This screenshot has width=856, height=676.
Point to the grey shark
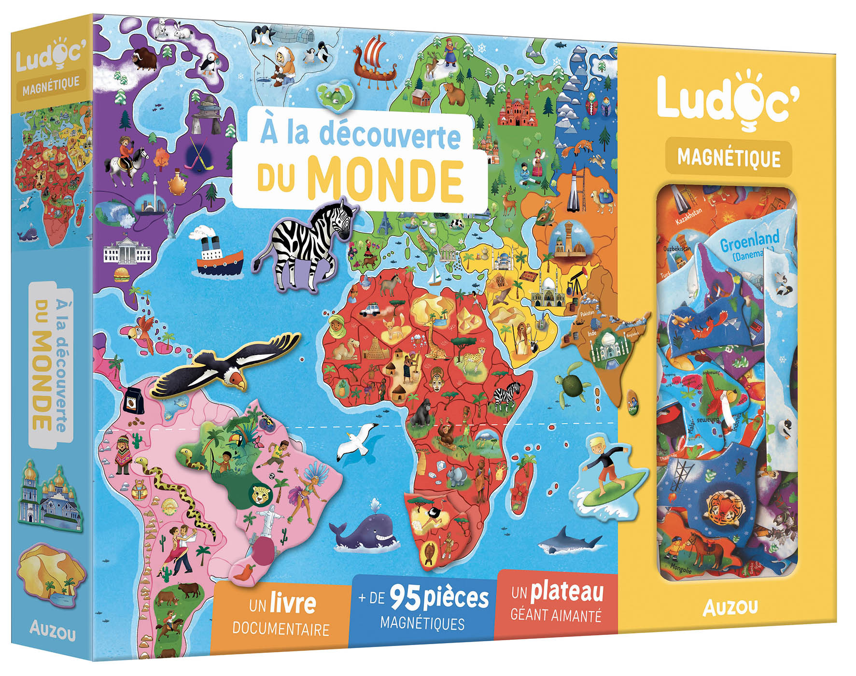coord(570,541)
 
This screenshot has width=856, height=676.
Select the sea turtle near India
coord(575,384)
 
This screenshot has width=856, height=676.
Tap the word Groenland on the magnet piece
coord(749,240)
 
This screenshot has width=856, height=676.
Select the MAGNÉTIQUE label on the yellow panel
coord(729,158)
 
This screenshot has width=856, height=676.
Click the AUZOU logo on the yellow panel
coord(730,607)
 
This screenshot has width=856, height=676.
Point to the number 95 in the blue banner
coord(406,599)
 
